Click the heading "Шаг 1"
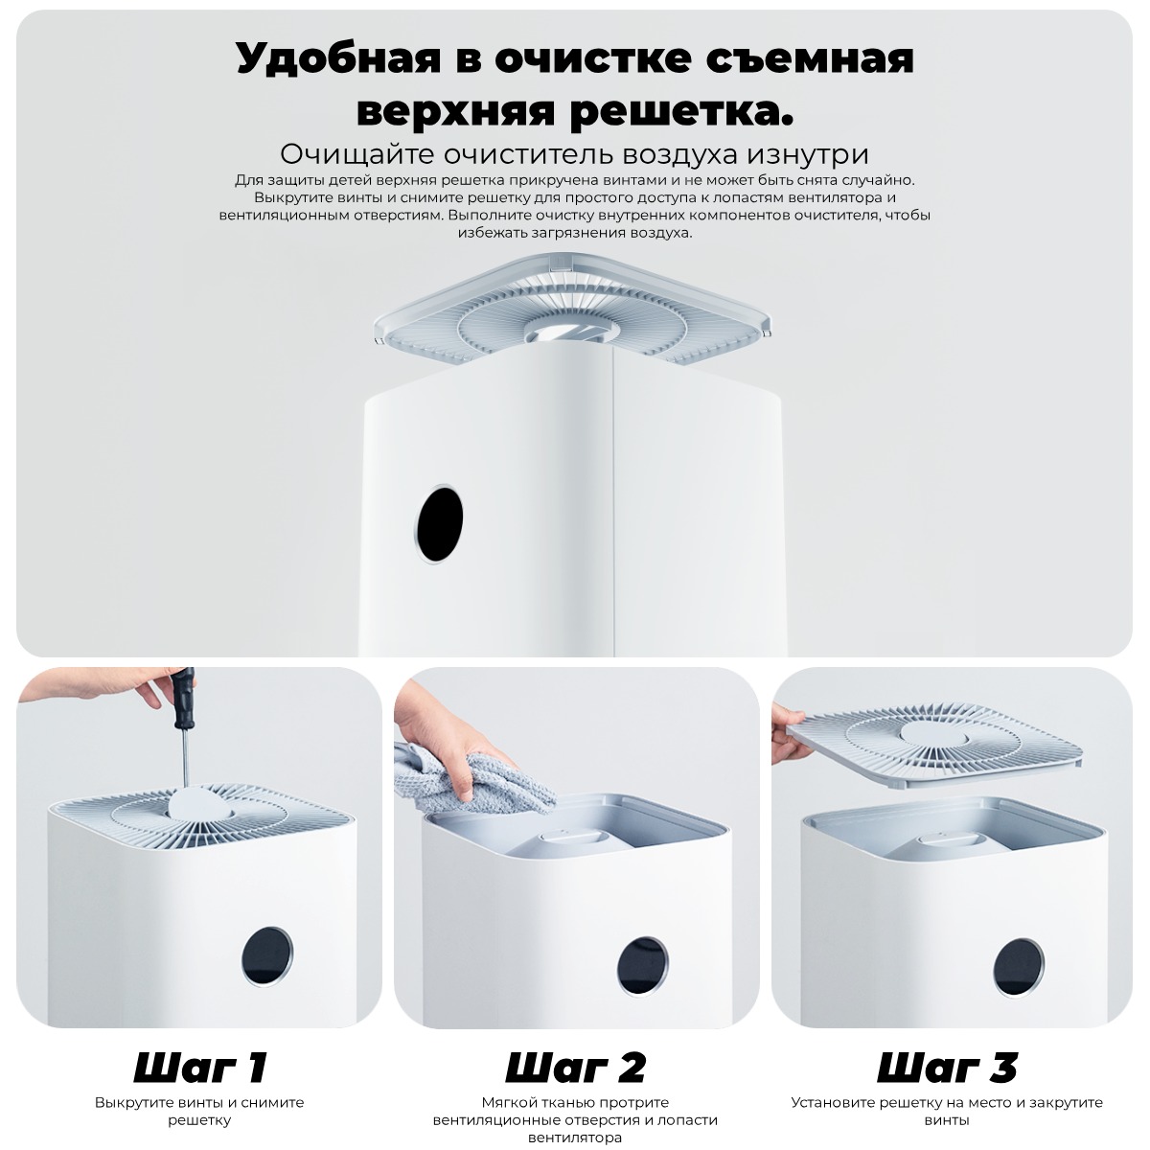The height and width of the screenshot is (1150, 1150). [199, 1067]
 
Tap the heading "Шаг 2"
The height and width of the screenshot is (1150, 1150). [575, 1067]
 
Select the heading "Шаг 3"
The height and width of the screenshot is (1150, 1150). [947, 1067]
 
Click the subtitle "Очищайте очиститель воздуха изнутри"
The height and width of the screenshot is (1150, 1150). [574, 154]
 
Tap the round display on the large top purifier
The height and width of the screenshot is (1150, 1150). [440, 524]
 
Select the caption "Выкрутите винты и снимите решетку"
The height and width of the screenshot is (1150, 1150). [199, 1111]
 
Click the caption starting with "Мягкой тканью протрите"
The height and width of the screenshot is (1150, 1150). [575, 1119]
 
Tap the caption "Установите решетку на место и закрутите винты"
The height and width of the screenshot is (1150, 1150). [947, 1111]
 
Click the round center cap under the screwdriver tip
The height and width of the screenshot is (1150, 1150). [195, 802]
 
